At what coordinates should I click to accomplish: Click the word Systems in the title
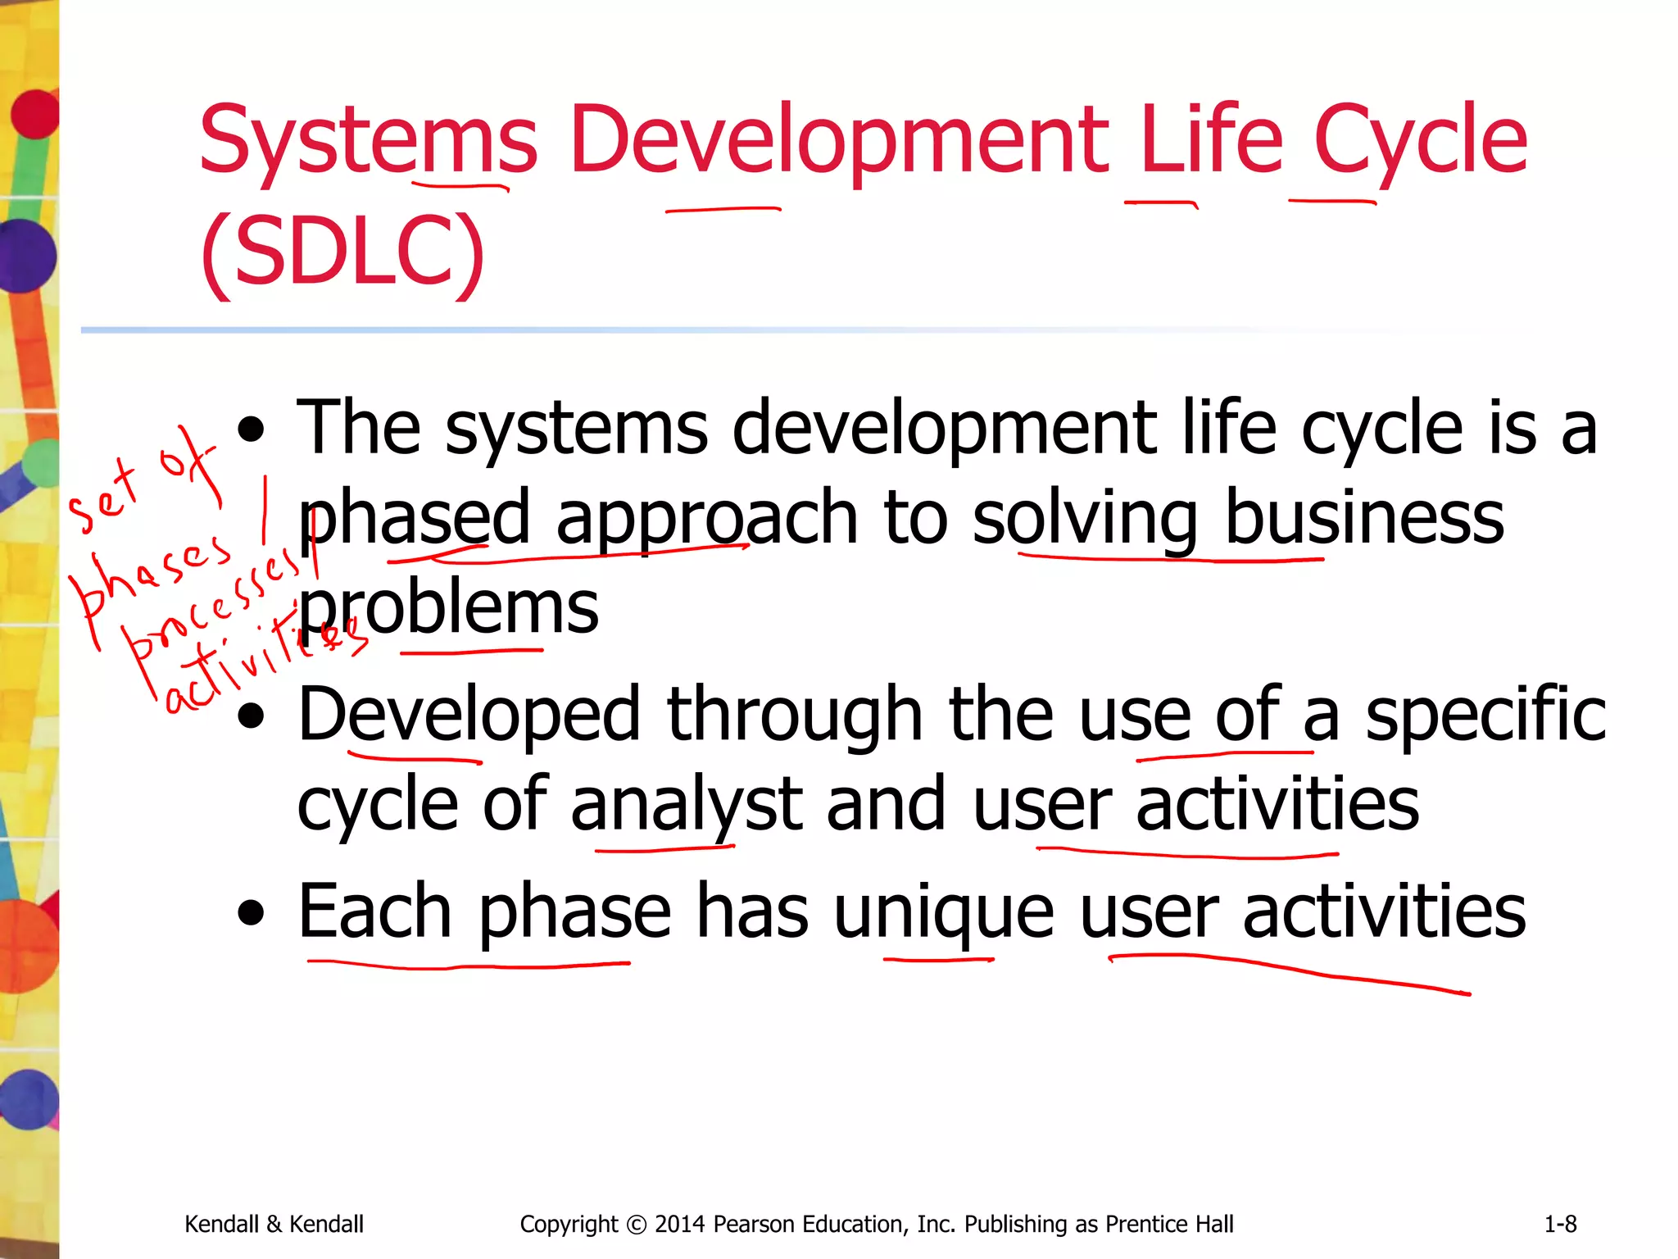tap(368, 141)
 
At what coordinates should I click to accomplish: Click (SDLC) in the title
tap(342, 251)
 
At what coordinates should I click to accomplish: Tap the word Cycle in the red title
tap(1420, 141)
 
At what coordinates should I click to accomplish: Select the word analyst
tap(687, 805)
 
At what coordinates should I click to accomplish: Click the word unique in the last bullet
tap(943, 911)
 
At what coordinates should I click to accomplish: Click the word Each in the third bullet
tap(374, 911)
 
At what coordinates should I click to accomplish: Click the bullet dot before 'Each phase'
tap(252, 913)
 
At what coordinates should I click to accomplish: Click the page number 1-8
tap(1560, 1225)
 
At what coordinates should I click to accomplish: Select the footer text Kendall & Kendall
tap(274, 1225)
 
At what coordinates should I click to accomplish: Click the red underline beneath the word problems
tap(471, 652)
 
